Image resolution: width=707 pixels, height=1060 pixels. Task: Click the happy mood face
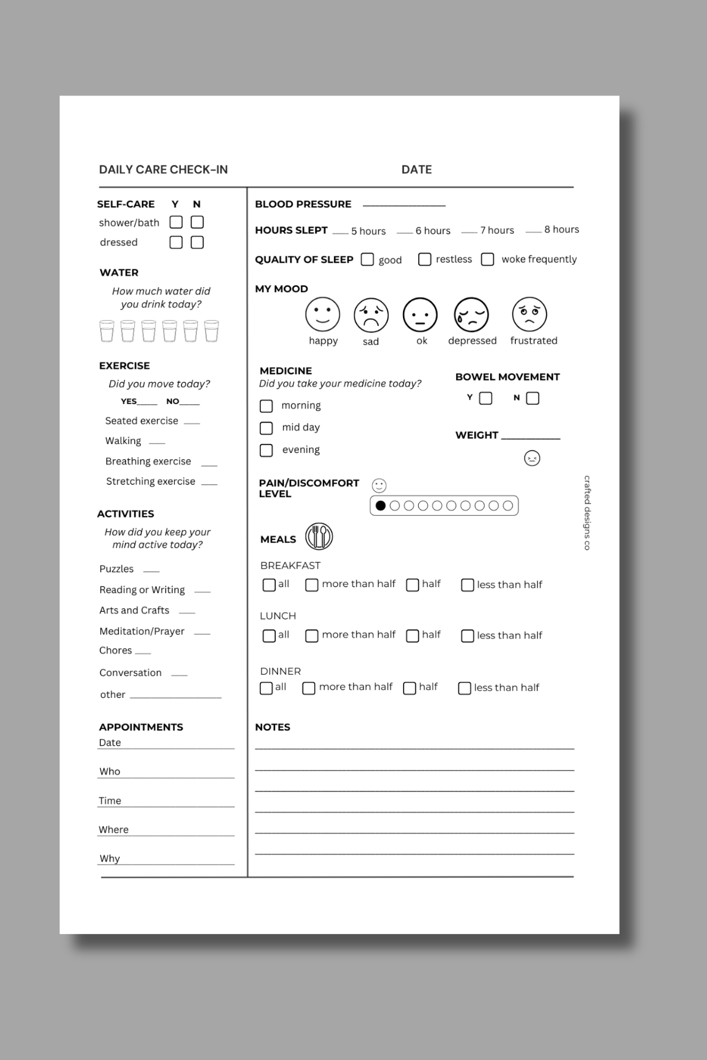click(322, 314)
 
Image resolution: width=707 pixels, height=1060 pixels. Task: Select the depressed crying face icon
click(471, 314)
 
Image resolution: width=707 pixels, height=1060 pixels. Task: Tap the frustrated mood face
click(530, 314)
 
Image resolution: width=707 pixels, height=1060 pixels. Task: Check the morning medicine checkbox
click(266, 406)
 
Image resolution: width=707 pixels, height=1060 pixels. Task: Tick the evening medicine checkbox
click(266, 450)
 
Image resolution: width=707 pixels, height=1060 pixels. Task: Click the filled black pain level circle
click(381, 505)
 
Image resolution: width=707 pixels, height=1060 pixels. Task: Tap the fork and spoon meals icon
click(319, 536)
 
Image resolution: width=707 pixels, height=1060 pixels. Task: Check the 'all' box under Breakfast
click(269, 585)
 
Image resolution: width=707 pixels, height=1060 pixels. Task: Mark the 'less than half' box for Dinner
click(464, 688)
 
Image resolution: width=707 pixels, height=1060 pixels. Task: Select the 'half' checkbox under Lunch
click(412, 635)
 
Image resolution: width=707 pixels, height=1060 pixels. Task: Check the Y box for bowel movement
click(485, 399)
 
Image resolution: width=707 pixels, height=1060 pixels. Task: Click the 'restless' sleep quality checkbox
click(424, 259)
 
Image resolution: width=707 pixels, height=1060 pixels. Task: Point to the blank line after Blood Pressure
click(404, 206)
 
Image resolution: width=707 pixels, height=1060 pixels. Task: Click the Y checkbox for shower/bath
click(176, 222)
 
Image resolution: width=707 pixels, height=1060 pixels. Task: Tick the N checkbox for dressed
click(197, 242)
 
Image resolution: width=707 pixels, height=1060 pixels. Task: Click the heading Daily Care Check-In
click(163, 170)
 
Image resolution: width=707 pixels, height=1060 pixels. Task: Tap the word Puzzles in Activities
click(117, 569)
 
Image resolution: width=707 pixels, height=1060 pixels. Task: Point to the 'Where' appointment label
click(114, 830)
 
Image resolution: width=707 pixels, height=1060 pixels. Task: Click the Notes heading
click(272, 727)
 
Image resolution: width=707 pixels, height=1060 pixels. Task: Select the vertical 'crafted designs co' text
click(587, 512)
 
